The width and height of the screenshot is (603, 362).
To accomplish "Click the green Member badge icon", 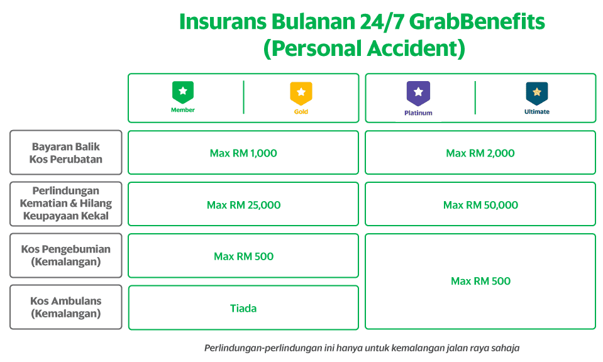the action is coord(183,92).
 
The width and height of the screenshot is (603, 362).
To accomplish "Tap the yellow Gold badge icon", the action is coord(301,94).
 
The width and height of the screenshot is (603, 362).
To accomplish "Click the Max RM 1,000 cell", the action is coord(243,153).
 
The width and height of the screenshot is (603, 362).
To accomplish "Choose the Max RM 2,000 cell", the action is coord(480,153).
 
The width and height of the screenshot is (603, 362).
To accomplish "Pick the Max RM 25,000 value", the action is coord(243,205).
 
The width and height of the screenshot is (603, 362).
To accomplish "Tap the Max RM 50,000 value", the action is coord(480,205).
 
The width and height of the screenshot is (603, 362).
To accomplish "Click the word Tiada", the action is coord(243,308).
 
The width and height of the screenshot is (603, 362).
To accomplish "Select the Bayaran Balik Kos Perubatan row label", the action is coord(66,153).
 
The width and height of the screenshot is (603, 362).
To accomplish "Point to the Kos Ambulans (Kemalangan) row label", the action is coord(66,307).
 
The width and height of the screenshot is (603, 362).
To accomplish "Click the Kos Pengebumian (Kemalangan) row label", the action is coord(66,255).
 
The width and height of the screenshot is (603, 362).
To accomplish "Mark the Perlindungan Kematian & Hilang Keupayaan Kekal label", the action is coord(66,203).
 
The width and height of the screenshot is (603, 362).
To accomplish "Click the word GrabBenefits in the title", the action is coord(477,21).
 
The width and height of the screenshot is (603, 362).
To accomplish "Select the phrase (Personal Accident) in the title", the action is coord(364,49).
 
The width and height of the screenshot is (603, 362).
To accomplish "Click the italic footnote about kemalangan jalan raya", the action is coord(362,348).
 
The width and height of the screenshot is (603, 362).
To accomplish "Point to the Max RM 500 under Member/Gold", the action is coord(243,256).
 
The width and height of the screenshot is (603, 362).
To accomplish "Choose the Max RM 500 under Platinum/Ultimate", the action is coord(480,281).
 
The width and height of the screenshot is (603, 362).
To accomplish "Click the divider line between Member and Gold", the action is coord(243,97).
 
